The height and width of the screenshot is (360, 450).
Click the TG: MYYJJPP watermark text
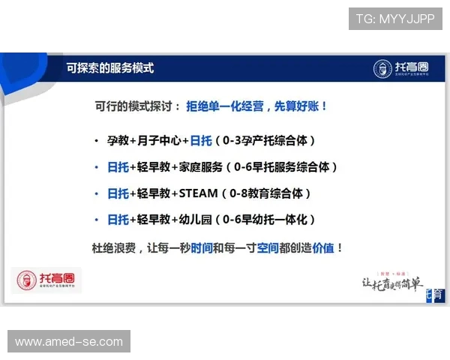395,19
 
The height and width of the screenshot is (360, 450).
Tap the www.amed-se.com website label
69,341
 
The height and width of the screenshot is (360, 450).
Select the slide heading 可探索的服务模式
109,67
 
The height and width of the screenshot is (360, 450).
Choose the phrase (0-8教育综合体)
266,193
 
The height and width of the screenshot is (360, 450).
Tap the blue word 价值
323,247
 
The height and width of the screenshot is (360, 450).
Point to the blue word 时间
201,247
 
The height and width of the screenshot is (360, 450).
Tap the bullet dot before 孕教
96,141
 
